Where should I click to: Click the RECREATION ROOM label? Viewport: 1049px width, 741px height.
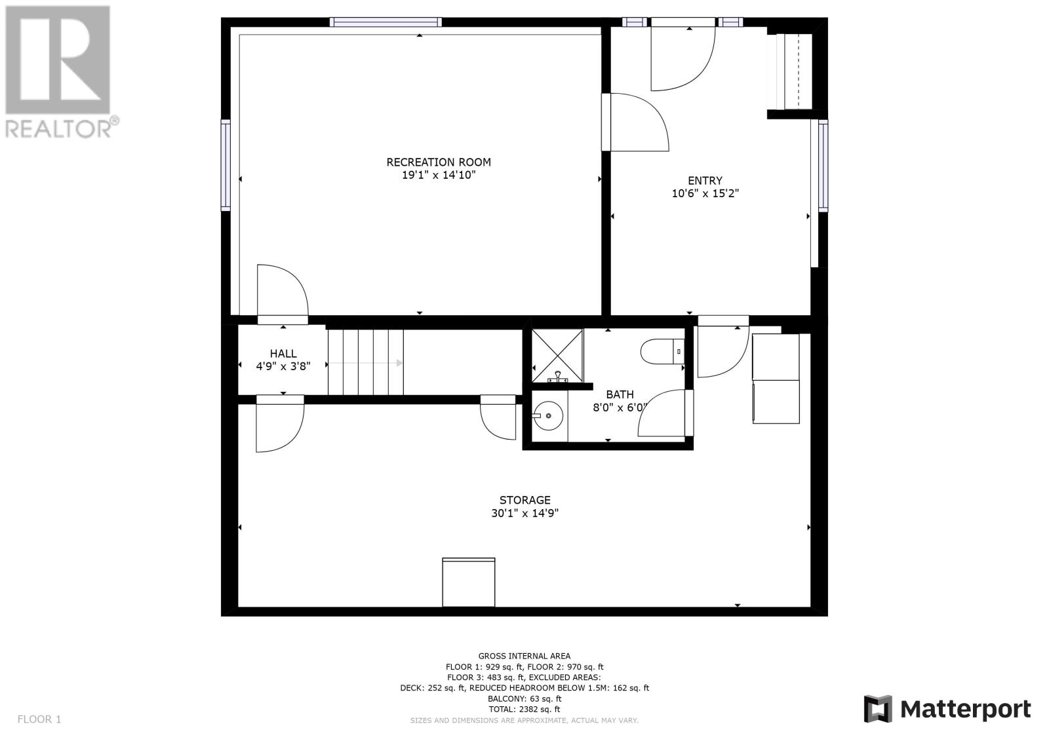click(439, 162)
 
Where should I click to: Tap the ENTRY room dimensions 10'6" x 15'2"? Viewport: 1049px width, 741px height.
click(705, 193)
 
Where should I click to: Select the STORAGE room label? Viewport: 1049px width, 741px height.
click(524, 500)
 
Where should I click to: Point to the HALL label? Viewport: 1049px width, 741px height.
click(283, 353)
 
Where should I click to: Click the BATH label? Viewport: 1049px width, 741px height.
click(620, 394)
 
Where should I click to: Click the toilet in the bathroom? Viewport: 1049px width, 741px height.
click(662, 352)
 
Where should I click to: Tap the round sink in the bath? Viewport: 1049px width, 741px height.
click(548, 415)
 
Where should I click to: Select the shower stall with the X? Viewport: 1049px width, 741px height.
click(557, 355)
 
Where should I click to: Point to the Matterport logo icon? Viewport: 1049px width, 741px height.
click(878, 709)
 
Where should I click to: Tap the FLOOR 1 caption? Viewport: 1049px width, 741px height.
click(39, 719)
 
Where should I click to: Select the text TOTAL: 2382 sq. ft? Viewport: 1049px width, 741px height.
click(524, 709)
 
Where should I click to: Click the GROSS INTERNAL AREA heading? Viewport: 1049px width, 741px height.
click(524, 656)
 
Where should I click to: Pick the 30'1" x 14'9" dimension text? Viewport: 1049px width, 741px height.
click(524, 513)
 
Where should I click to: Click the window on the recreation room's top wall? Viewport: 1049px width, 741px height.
click(386, 22)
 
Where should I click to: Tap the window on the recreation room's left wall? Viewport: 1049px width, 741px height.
click(226, 165)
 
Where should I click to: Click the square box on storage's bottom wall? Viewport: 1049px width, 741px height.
click(468, 582)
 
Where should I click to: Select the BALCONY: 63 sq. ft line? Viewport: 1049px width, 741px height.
click(524, 698)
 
